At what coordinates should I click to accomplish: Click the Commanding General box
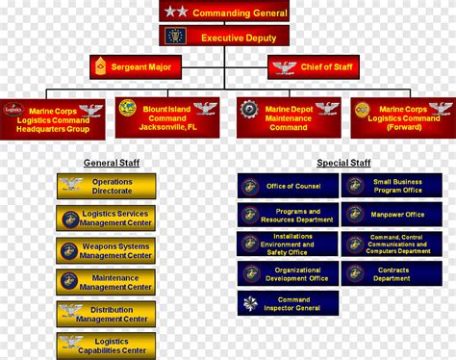[224, 12]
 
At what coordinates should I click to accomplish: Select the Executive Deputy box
[224, 38]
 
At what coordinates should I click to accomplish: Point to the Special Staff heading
[343, 163]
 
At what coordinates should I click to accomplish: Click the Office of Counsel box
[289, 186]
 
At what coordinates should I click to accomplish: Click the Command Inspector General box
[289, 304]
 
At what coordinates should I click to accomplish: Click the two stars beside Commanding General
[175, 12]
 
